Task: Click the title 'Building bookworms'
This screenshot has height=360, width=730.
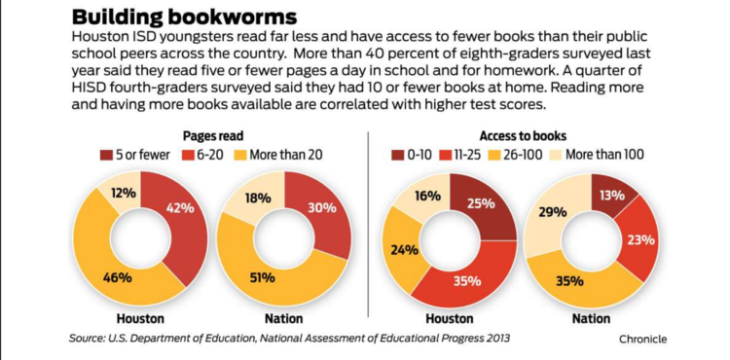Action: coord(184,17)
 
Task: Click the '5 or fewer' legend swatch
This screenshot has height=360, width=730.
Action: coord(106,155)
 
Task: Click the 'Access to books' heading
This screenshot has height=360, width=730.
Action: coord(523,135)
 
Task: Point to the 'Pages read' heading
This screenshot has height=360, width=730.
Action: coord(213,135)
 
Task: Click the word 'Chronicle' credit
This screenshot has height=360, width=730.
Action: coord(642,339)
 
